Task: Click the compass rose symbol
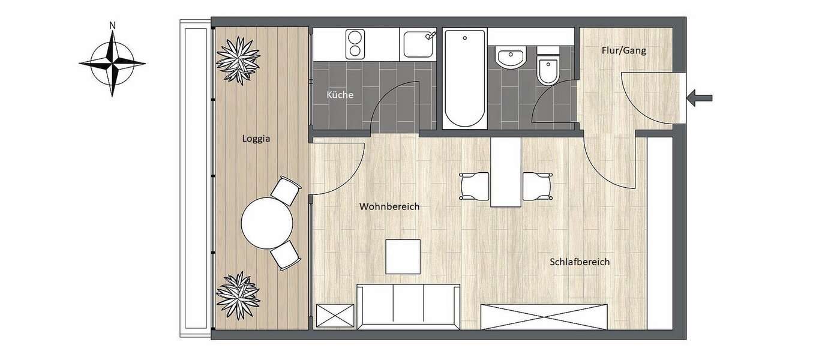tap(112, 62)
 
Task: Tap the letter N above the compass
tap(112, 25)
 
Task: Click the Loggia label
tap(256, 139)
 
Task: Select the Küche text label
tap(340, 95)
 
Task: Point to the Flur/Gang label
tap(623, 51)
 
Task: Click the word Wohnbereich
tap(389, 206)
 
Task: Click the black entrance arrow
tap(700, 97)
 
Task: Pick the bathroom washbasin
tap(511, 58)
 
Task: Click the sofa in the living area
tap(408, 306)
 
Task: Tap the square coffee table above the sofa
tap(403, 256)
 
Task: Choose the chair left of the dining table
tap(475, 186)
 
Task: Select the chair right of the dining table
tap(536, 186)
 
